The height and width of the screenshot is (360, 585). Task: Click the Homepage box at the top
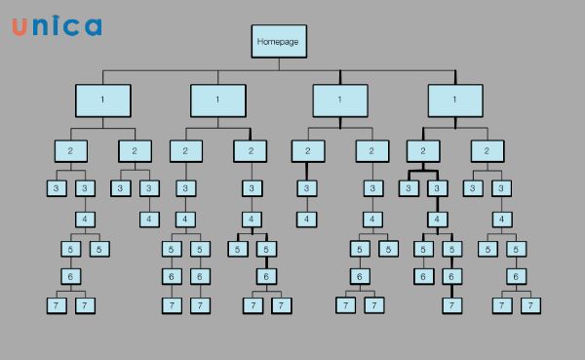(x=278, y=42)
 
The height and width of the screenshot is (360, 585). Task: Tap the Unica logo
(x=56, y=26)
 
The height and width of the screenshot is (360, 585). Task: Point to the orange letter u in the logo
(x=19, y=27)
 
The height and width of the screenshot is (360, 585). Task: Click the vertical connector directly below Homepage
(x=278, y=64)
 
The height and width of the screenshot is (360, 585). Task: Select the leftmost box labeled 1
(x=102, y=100)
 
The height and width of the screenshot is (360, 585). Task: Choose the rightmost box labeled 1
(x=455, y=100)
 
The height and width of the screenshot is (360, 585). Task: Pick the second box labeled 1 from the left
(x=217, y=100)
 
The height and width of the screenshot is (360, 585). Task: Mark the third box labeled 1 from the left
(x=340, y=100)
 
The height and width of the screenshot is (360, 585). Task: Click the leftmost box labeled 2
(x=70, y=151)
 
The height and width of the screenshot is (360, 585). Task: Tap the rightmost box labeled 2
(x=487, y=151)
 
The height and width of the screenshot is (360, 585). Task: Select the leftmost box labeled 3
(x=57, y=188)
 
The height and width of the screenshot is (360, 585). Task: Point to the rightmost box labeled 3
(x=502, y=188)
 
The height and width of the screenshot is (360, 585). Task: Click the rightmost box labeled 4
(x=502, y=219)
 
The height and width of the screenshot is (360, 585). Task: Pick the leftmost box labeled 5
(x=70, y=249)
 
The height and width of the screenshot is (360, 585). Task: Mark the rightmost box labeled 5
(x=516, y=249)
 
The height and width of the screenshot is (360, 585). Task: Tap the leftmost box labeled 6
(x=70, y=277)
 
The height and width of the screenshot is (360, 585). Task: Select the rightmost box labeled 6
(x=516, y=277)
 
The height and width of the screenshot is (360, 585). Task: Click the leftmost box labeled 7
(x=57, y=305)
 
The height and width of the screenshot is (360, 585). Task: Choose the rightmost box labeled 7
(x=530, y=305)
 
